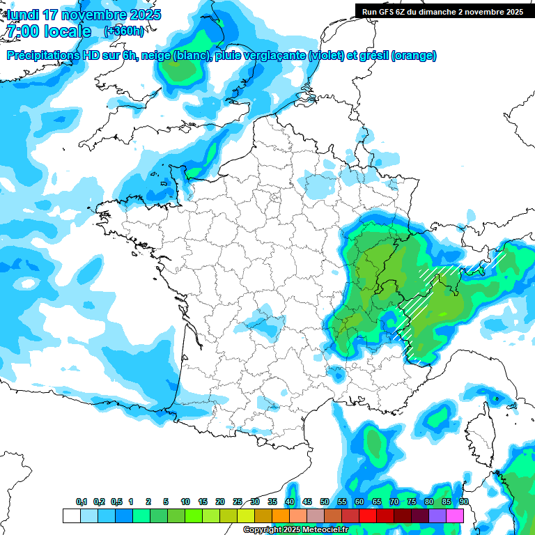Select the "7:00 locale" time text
click(x=48, y=31)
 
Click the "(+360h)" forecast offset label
click(x=124, y=31)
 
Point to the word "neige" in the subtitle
click(x=156, y=56)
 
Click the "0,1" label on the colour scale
click(x=82, y=502)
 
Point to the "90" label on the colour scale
click(x=464, y=502)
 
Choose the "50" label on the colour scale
click(x=325, y=502)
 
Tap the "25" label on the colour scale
click(x=238, y=502)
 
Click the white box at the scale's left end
click(x=71, y=515)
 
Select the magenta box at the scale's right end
click(x=455, y=515)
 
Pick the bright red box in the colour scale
click(x=368, y=515)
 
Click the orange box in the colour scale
click(x=281, y=515)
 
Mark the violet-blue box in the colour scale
click(x=437, y=515)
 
